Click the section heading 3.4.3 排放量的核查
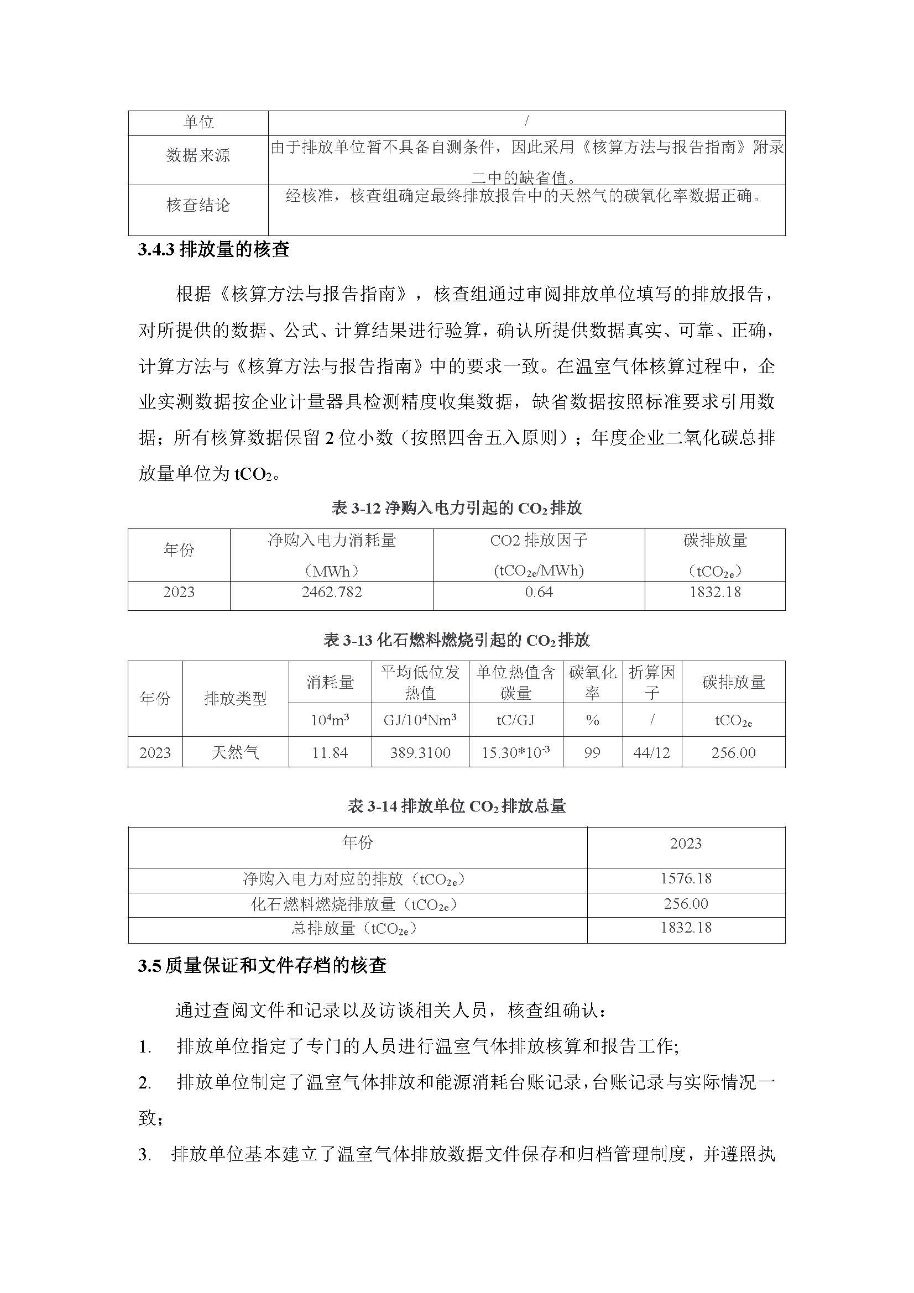(213, 249)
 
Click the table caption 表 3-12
(456, 508)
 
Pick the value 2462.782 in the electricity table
(332, 592)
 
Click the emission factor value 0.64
(539, 592)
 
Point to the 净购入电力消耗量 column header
(332, 541)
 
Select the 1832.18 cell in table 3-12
(714, 592)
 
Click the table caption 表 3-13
(456, 640)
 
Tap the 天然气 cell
(235, 752)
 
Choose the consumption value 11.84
(330, 752)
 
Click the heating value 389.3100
(420, 752)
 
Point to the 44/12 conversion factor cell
(651, 752)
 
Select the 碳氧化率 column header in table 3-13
(592, 682)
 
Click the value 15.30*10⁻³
(515, 752)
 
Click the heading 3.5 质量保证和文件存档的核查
(262, 966)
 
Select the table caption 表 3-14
(456, 807)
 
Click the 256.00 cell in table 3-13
(733, 752)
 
